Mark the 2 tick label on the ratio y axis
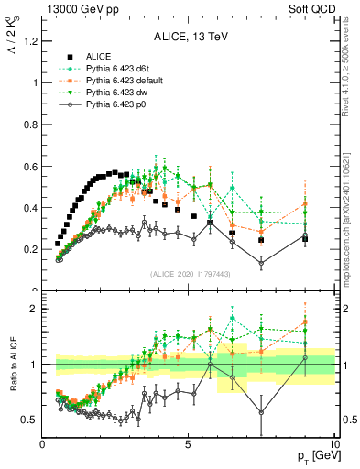click(33, 309)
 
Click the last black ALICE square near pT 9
click(305, 239)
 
